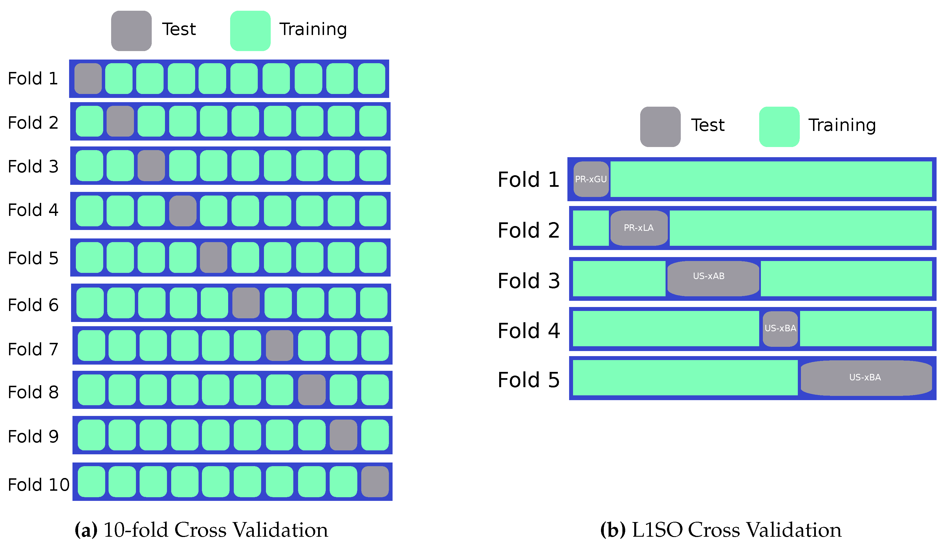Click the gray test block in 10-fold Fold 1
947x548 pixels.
point(88,79)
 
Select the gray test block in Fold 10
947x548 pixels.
point(375,482)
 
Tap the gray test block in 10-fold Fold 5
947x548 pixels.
point(213,258)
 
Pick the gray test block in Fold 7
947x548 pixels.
point(279,346)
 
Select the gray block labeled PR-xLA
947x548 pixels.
point(639,228)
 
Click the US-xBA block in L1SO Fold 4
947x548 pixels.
point(780,329)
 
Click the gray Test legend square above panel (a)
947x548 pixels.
point(131,31)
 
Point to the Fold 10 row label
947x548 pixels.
point(38,485)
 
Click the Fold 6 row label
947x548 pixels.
point(33,305)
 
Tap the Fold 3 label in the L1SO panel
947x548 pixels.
point(528,281)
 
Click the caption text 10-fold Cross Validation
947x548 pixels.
point(215,530)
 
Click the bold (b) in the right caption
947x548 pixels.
point(613,530)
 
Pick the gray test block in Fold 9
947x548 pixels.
point(343,435)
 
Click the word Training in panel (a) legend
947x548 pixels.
point(313,29)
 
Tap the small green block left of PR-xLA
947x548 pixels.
point(590,228)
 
